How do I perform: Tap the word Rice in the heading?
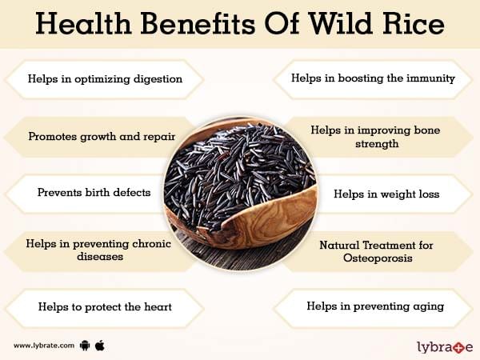click(414, 23)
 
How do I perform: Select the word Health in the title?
click(83, 23)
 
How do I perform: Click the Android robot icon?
click(85, 346)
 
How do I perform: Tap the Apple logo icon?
click(100, 346)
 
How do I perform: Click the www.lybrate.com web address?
click(44, 346)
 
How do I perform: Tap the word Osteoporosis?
click(378, 258)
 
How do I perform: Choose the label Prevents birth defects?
click(94, 193)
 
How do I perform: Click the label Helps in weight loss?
click(386, 194)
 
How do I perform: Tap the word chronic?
click(151, 244)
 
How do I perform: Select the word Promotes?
click(53, 137)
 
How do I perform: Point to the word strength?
click(377, 143)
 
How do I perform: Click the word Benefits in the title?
click(198, 23)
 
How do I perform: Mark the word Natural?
click(339, 246)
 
